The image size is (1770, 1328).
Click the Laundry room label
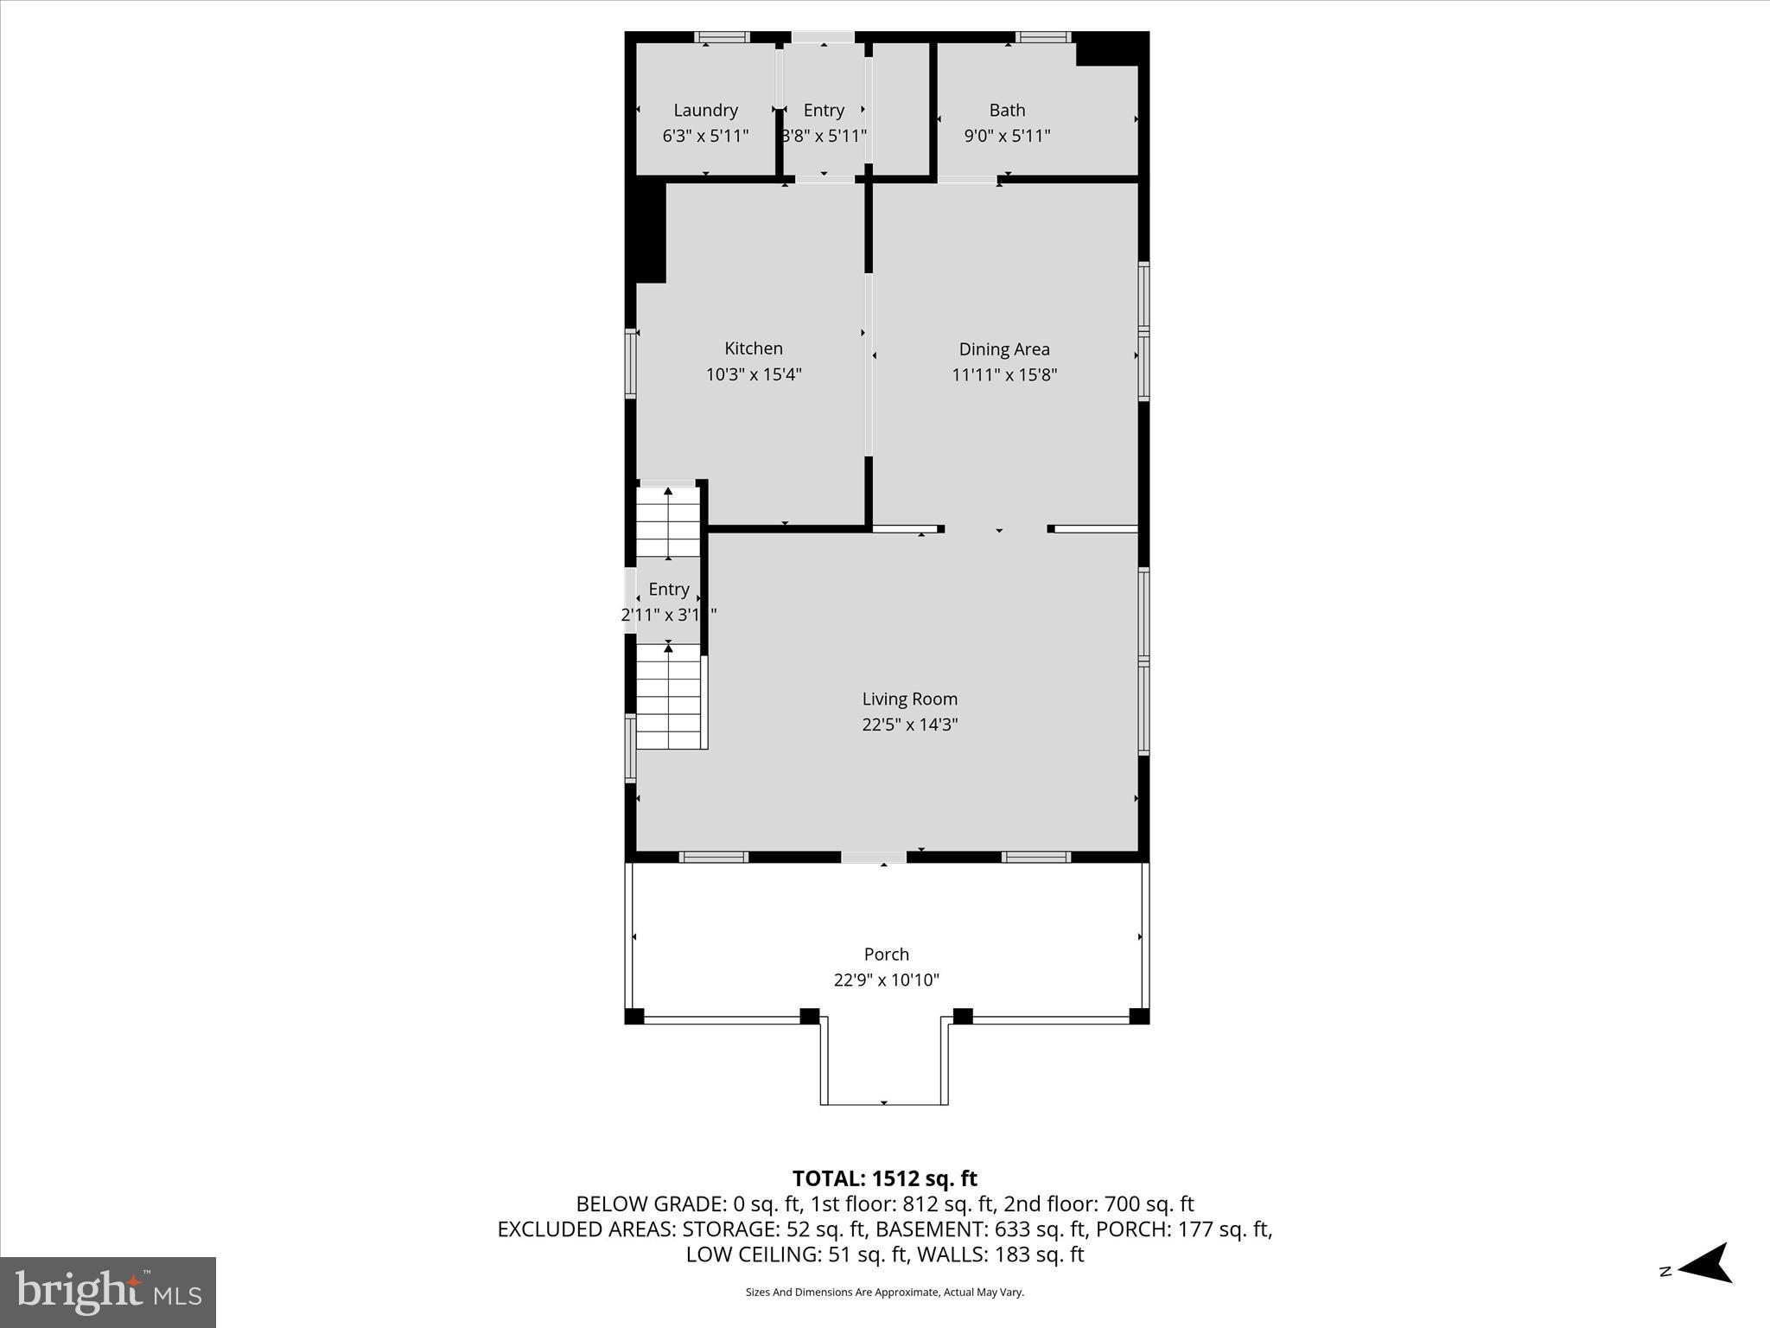(705, 110)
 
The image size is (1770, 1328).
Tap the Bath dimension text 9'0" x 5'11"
(1007, 136)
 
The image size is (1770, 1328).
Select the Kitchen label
(754, 348)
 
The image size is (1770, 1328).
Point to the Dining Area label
(1004, 349)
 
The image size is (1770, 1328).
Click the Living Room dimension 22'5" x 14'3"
(909, 725)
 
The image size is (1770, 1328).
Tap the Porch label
(886, 954)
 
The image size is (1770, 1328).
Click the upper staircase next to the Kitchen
(668, 522)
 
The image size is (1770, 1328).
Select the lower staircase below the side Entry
(668, 696)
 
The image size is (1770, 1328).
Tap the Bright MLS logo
(108, 1292)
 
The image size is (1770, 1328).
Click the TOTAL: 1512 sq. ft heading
(884, 1178)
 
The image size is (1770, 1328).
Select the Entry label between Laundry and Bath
(824, 110)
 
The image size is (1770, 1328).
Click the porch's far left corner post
(634, 1016)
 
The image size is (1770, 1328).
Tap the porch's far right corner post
(1139, 1016)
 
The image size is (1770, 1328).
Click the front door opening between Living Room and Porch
(873, 857)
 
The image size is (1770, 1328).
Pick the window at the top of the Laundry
(723, 37)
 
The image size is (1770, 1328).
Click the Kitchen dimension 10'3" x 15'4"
(754, 374)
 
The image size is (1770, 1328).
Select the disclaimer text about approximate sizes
(884, 1292)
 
